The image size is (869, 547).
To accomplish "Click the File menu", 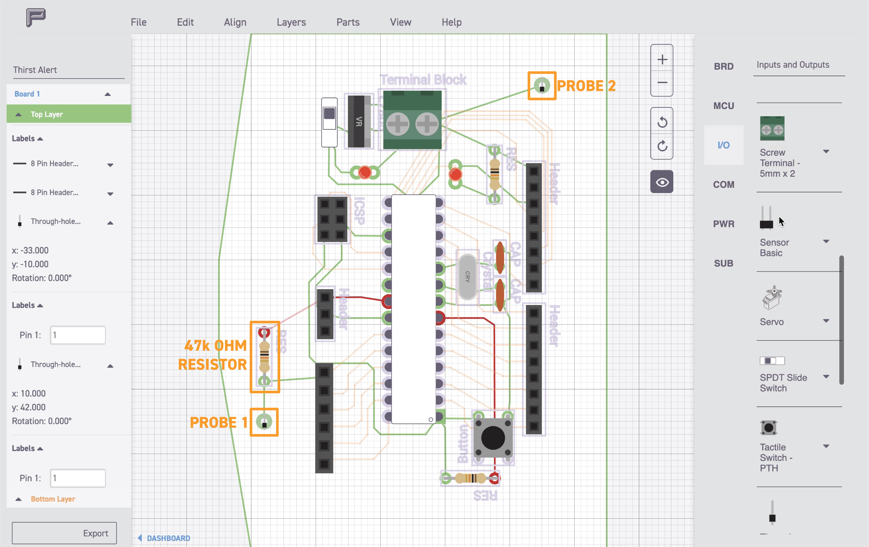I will tap(139, 22).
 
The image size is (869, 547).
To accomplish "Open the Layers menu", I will tap(291, 22).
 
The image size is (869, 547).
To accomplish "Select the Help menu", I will tap(452, 22).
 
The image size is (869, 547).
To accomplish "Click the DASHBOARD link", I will tap(168, 538).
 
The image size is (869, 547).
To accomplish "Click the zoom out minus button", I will tap(662, 83).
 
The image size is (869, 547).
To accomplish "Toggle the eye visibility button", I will tap(662, 182).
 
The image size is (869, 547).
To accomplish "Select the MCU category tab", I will tap(724, 106).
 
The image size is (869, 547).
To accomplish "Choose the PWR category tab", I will tap(724, 224).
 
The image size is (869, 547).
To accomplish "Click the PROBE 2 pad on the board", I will tap(542, 86).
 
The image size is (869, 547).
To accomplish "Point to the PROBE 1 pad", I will tap(264, 422).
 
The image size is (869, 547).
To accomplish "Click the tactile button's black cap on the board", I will tap(493, 438).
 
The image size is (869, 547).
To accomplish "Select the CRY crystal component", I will tap(467, 276).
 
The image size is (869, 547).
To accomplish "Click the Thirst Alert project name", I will tap(35, 70).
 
